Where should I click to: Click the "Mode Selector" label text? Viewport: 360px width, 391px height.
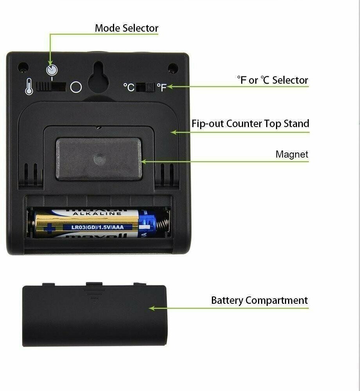pos(126,28)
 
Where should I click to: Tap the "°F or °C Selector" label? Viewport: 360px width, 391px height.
pos(272,80)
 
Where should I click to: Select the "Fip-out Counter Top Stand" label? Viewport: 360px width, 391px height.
pos(250,124)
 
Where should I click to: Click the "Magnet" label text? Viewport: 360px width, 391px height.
pos(292,154)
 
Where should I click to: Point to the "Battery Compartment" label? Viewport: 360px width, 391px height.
pos(259,300)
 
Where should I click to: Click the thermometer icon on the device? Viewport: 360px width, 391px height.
pos(29,86)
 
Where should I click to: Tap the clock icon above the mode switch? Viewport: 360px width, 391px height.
pos(52,70)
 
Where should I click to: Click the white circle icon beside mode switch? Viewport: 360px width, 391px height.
pos(76,87)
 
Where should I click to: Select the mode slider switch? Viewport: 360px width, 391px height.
pos(51,86)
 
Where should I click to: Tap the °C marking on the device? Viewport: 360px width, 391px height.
pos(129,87)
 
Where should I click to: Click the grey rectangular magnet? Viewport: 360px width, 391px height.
pos(98,159)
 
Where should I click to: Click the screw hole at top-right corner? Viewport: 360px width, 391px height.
pos(173,68)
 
